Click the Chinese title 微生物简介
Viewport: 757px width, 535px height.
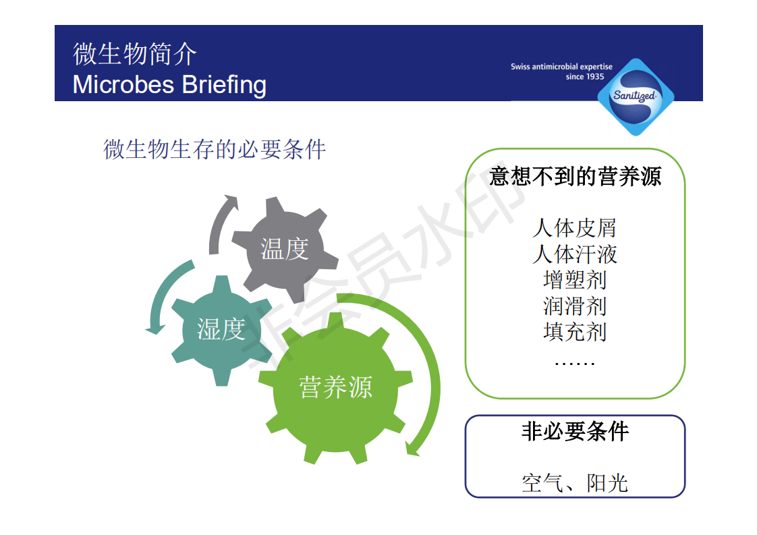click(x=135, y=53)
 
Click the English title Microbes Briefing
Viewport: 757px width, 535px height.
click(x=169, y=84)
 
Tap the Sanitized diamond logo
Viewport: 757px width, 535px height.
click(x=636, y=96)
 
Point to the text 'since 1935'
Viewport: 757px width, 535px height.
click(x=585, y=77)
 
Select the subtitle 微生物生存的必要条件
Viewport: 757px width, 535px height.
click(x=215, y=149)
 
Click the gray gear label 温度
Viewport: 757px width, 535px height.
click(x=285, y=249)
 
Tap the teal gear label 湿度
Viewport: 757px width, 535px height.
click(x=221, y=329)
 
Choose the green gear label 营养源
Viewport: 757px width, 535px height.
click(x=335, y=387)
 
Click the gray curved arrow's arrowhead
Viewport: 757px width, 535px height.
click(x=231, y=200)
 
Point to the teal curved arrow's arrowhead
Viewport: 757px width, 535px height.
click(x=155, y=329)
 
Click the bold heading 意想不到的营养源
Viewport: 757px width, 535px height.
click(x=575, y=176)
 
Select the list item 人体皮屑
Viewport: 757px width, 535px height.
click(x=575, y=228)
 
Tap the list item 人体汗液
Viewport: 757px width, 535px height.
click(x=575, y=254)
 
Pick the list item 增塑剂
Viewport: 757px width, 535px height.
click(x=575, y=280)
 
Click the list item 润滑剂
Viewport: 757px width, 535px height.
click(x=575, y=306)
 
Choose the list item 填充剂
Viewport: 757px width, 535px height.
click(x=575, y=332)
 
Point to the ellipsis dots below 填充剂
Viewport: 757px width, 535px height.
click(x=575, y=363)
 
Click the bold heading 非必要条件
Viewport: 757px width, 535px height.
click(x=575, y=431)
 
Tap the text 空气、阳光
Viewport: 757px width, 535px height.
click(x=575, y=483)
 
